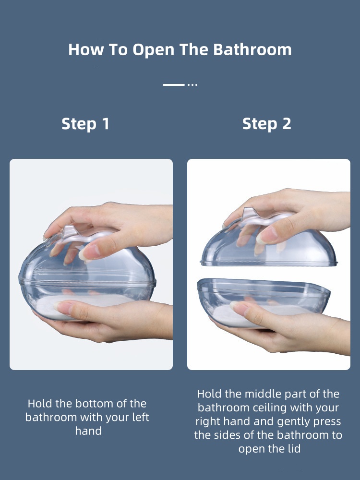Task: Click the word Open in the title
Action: [153, 50]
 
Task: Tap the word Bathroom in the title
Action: [252, 49]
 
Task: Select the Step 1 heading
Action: [85, 124]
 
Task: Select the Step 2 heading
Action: [266, 124]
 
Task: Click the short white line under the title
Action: [174, 85]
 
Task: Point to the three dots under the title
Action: [192, 85]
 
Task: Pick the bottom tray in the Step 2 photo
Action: [263, 301]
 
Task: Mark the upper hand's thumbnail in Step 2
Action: [267, 236]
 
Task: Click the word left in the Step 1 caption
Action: [141, 417]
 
